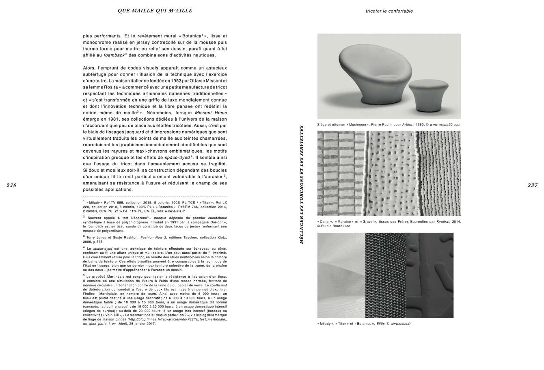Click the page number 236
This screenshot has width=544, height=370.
tap(11, 185)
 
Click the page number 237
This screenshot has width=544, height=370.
tap(533, 185)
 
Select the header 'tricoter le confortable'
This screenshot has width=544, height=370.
tap(389, 11)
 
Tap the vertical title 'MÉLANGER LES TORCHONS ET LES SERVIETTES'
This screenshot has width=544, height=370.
tap(302, 184)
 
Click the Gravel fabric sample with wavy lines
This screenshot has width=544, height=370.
tap(438, 173)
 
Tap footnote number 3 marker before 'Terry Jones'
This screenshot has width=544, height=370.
tap(84, 235)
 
